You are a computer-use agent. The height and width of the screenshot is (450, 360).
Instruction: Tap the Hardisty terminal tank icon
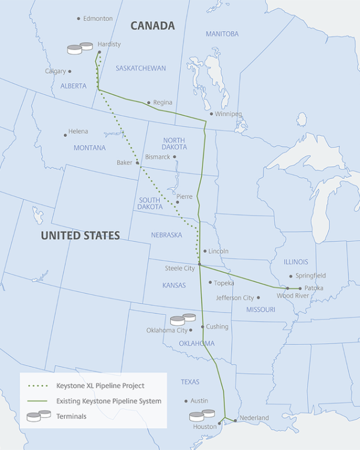tap(80, 48)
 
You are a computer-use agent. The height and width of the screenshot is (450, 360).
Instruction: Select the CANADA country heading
tap(152, 25)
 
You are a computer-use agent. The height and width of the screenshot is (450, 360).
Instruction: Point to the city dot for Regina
tap(149, 103)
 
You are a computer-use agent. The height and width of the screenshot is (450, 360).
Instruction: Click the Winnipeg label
tap(229, 113)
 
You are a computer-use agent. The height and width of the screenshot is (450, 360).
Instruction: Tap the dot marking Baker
tap(137, 163)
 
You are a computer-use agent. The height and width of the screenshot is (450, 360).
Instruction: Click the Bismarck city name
tap(158, 157)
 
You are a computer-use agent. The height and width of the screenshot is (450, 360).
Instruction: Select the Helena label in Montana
tap(78, 131)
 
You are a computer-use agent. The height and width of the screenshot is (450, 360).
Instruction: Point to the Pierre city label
tap(184, 196)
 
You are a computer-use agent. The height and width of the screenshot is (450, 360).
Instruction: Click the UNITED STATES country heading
tap(80, 236)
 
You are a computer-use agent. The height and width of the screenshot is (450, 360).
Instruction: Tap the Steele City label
tap(180, 268)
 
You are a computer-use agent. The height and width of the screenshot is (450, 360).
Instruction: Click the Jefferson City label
tap(235, 298)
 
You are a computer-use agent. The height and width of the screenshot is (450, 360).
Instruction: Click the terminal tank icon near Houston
tap(202, 415)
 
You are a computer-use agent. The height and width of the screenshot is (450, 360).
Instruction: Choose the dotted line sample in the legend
tap(40, 385)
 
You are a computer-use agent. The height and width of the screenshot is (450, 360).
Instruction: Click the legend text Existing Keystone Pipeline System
tap(109, 400)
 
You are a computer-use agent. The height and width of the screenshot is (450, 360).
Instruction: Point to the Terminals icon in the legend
tap(38, 416)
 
